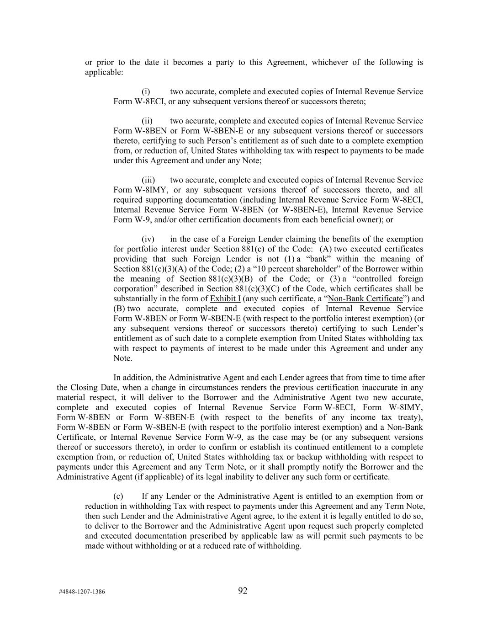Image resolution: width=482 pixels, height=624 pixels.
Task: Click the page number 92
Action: point(243,591)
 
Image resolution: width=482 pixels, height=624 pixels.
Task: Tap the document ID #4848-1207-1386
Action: point(82,592)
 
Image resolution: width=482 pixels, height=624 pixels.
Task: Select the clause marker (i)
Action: point(146,91)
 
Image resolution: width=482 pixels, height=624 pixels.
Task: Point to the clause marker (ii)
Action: point(147,121)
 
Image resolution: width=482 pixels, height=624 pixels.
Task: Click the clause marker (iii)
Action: point(148,180)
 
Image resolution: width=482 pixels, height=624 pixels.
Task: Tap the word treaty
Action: point(409,417)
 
